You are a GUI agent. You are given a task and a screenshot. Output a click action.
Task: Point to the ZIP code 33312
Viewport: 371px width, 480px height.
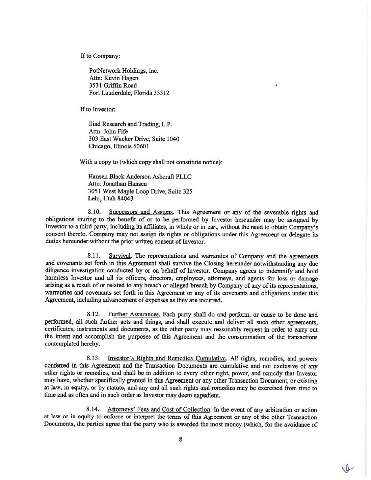[x=161, y=93]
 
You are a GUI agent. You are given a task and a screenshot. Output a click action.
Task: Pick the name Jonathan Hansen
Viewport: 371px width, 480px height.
[x=124, y=184]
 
